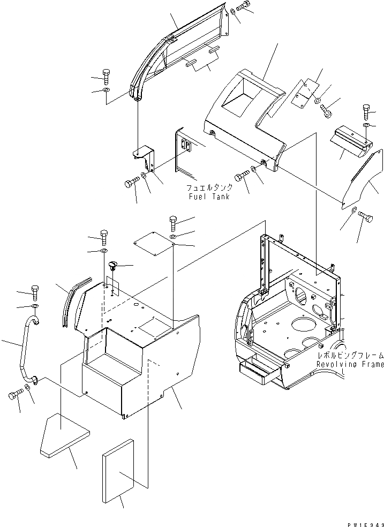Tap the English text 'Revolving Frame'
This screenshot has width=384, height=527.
point(350,364)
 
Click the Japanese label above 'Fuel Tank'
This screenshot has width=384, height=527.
point(209,189)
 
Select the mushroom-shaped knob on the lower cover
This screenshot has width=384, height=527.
point(112,265)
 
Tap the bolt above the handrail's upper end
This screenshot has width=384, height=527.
point(35,289)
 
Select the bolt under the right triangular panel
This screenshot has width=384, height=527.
point(367,216)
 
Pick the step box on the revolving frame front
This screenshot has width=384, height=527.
point(260,372)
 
